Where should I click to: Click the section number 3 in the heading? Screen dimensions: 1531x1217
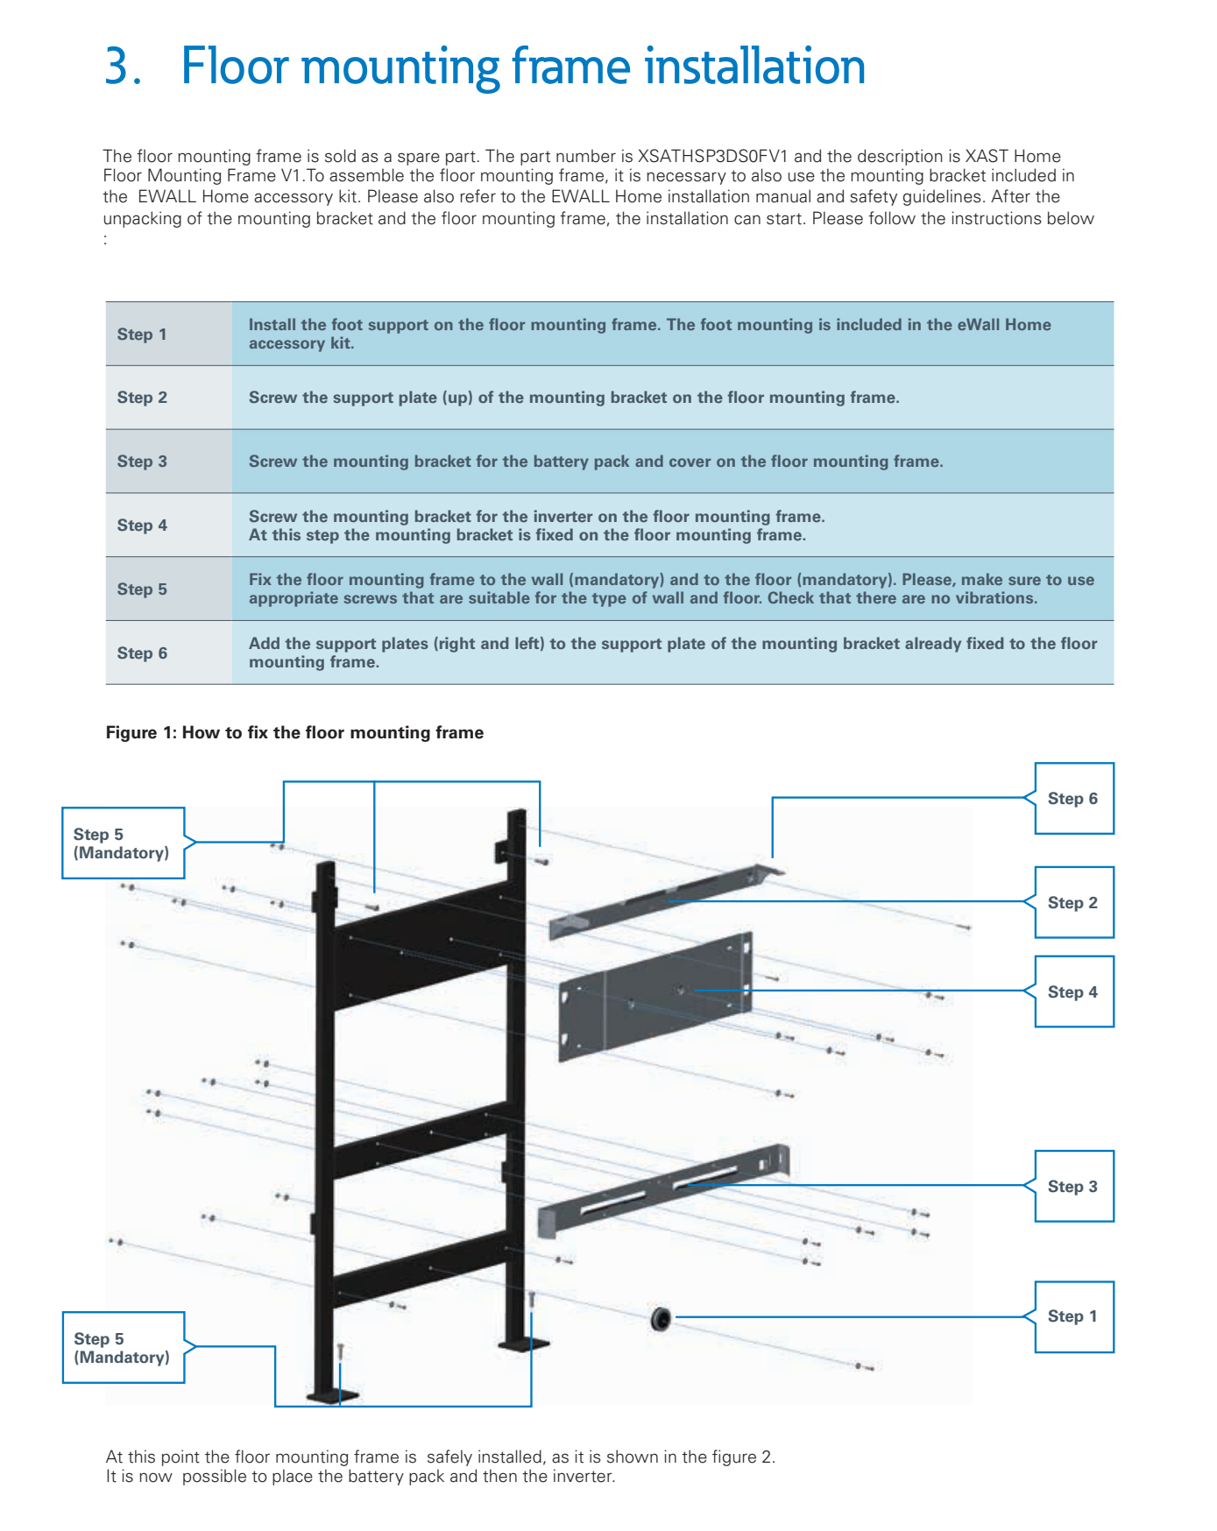tap(119, 67)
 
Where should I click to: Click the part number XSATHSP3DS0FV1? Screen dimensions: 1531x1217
tap(712, 157)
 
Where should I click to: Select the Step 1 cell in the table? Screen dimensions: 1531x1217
tap(142, 335)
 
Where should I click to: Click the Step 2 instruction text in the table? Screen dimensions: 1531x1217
tap(574, 398)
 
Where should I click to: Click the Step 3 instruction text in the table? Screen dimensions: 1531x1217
tap(596, 462)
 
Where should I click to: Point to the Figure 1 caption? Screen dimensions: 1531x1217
tap(294, 733)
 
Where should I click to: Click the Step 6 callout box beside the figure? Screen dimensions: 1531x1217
tap(1073, 799)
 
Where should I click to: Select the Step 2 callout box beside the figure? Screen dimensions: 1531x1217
tap(1073, 903)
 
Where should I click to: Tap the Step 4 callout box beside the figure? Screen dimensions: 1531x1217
tap(1073, 992)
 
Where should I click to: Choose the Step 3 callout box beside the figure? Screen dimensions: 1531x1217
tap(1073, 1187)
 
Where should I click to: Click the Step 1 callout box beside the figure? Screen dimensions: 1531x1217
tap(1073, 1316)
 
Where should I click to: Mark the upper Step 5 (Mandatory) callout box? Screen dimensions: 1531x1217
tap(123, 843)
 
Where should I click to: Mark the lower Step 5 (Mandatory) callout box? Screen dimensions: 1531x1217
tap(123, 1348)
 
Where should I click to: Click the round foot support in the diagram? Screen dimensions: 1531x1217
tap(661, 1318)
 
